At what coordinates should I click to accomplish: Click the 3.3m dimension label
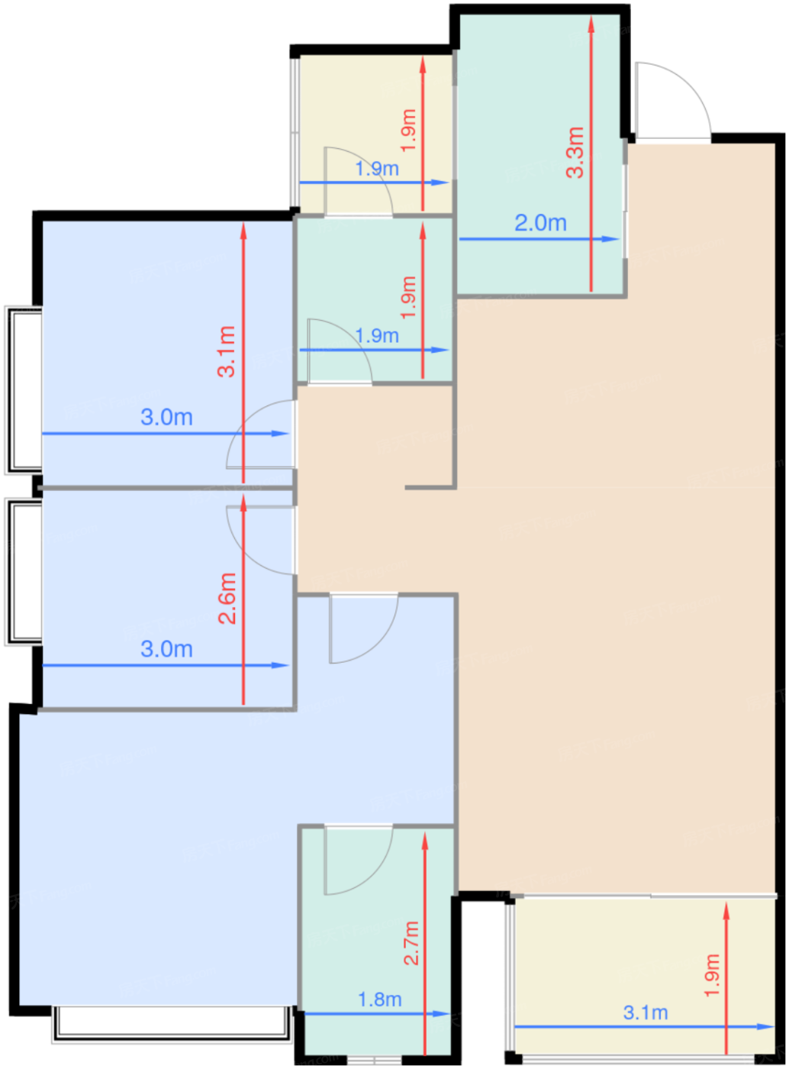575,152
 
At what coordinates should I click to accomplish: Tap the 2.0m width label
540,223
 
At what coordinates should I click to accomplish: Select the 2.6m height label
227,598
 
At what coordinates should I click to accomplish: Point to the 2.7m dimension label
411,942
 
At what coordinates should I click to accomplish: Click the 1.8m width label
379,999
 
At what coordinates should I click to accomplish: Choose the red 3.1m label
227,351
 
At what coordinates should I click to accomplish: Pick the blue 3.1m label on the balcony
646,1012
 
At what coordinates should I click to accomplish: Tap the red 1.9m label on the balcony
712,974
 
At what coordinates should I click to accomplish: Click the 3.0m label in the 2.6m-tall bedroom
166,649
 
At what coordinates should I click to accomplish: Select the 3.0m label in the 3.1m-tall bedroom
166,418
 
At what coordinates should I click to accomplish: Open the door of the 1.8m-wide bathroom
357,860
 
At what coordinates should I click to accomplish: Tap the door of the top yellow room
357,180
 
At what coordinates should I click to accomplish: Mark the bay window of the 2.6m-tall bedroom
23,570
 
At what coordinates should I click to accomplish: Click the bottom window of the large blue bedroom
172,1025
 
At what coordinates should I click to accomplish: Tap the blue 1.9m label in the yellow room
377,168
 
